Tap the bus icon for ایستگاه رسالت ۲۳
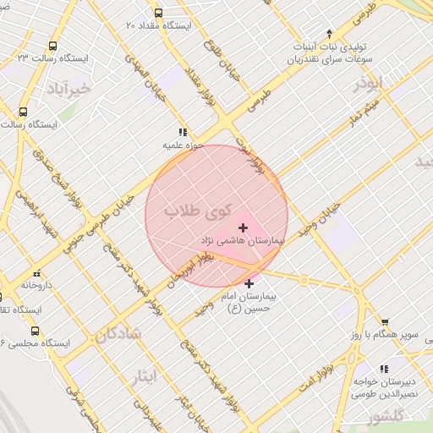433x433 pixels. coord(53,47)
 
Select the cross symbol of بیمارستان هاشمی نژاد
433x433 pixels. coord(244,227)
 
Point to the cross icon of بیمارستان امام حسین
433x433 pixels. coord(248,284)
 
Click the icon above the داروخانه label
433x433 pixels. coord(36,273)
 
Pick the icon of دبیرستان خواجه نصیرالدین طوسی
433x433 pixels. coord(385,369)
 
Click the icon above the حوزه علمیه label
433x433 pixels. coord(181,132)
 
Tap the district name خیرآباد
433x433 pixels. coord(65,88)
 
